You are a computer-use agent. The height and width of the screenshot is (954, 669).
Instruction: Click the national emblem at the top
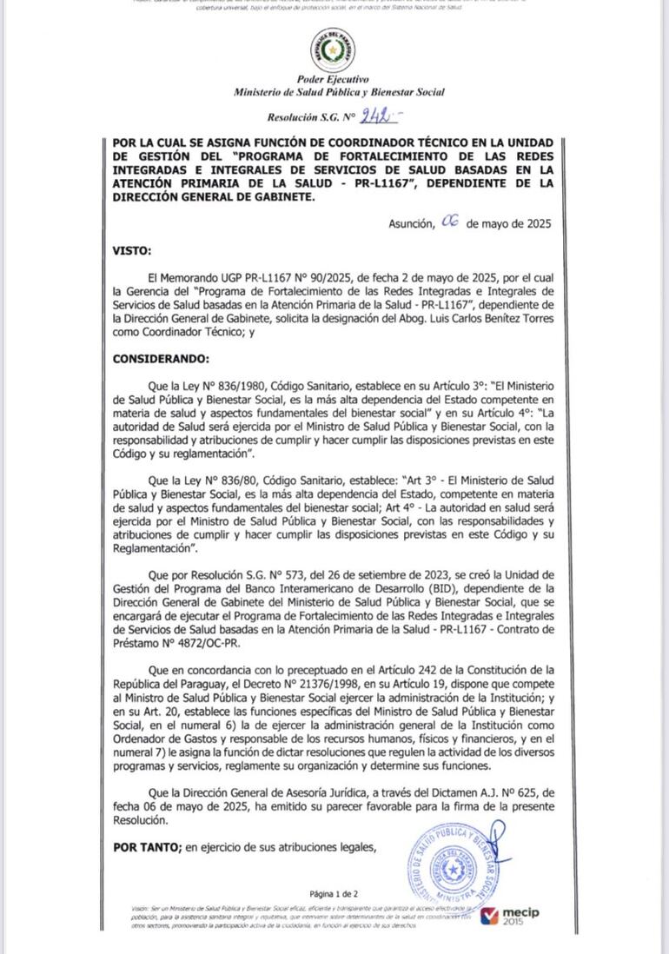point(333,50)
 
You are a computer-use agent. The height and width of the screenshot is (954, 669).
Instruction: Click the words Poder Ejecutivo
point(333,79)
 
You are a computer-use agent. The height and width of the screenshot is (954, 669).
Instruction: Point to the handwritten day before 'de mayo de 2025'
point(450,222)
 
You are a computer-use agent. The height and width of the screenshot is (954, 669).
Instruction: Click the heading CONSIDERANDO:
point(161,358)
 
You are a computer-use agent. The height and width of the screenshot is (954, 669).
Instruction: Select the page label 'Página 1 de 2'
point(334,893)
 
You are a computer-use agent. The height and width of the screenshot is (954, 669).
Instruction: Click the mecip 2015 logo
point(510,917)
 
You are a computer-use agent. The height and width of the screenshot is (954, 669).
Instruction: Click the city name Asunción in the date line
point(411,224)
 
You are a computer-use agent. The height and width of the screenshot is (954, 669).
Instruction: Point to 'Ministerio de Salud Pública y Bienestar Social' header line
point(339,92)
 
